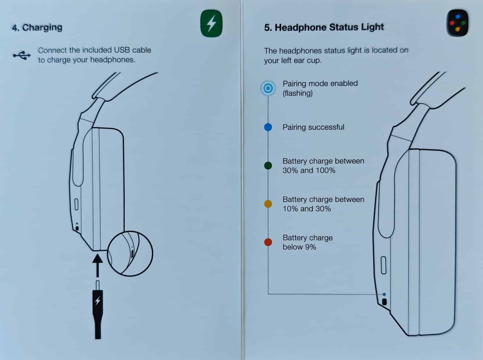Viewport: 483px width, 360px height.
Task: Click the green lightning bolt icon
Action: tap(211, 23)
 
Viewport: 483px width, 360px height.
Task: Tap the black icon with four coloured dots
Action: tap(458, 23)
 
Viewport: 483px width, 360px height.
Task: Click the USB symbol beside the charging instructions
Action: tap(22, 55)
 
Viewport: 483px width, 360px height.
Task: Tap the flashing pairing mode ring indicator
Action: tap(268, 88)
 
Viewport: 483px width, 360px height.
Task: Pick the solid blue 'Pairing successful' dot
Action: tap(268, 127)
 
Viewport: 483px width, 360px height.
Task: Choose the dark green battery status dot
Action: tap(268, 166)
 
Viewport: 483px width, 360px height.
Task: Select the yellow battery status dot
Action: tap(268, 204)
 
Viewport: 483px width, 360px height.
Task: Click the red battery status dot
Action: tap(268, 242)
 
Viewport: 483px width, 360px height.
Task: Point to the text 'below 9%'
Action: tap(299, 247)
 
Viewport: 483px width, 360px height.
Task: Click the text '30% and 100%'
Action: tap(309, 170)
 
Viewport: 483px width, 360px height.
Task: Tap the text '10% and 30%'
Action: tap(307, 209)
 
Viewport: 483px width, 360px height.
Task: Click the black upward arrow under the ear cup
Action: tap(98, 265)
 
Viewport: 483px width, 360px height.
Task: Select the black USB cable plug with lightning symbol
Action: tap(98, 310)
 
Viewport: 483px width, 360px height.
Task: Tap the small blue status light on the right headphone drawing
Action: tap(384, 294)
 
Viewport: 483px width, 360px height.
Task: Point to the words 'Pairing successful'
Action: tap(313, 127)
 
